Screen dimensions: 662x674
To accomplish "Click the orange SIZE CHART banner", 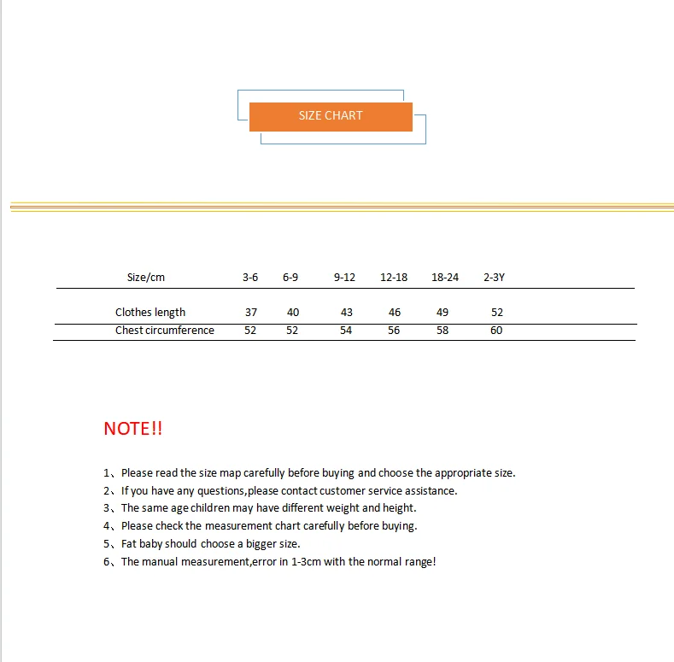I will [x=331, y=116].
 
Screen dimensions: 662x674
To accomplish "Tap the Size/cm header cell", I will [x=145, y=278].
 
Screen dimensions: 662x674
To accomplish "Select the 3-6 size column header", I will [x=250, y=278].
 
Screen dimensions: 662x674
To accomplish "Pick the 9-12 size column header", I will [x=344, y=278].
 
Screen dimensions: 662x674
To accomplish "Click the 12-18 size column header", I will [x=394, y=278].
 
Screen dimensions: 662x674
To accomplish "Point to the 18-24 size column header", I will [x=445, y=278].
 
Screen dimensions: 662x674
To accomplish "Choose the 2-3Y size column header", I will [x=494, y=278].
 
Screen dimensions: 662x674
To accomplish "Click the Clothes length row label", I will [x=150, y=313].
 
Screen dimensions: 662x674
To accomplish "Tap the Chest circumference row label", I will [x=165, y=331].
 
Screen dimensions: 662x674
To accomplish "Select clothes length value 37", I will [x=251, y=313].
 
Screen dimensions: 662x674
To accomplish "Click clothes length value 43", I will [x=347, y=313].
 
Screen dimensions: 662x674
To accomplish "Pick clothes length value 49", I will [x=442, y=313].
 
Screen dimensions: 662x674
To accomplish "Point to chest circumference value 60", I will [x=496, y=331].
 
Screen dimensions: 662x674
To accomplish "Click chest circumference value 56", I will [x=394, y=331].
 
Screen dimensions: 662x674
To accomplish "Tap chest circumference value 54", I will [x=346, y=331].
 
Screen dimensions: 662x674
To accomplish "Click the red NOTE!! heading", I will [x=132, y=429].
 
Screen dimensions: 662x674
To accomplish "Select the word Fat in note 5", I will [x=130, y=544].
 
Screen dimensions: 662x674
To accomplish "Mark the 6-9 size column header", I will [x=290, y=278].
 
